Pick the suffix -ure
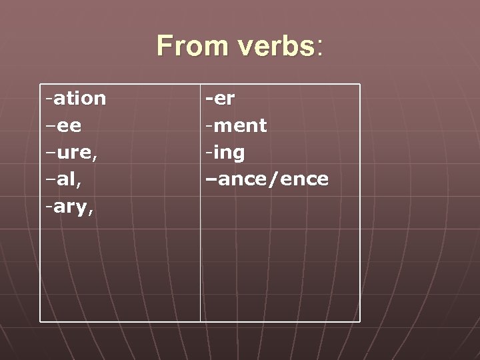[x=73, y=153]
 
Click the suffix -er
[x=220, y=98]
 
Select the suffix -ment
[x=236, y=125]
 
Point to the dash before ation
[x=49, y=99]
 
